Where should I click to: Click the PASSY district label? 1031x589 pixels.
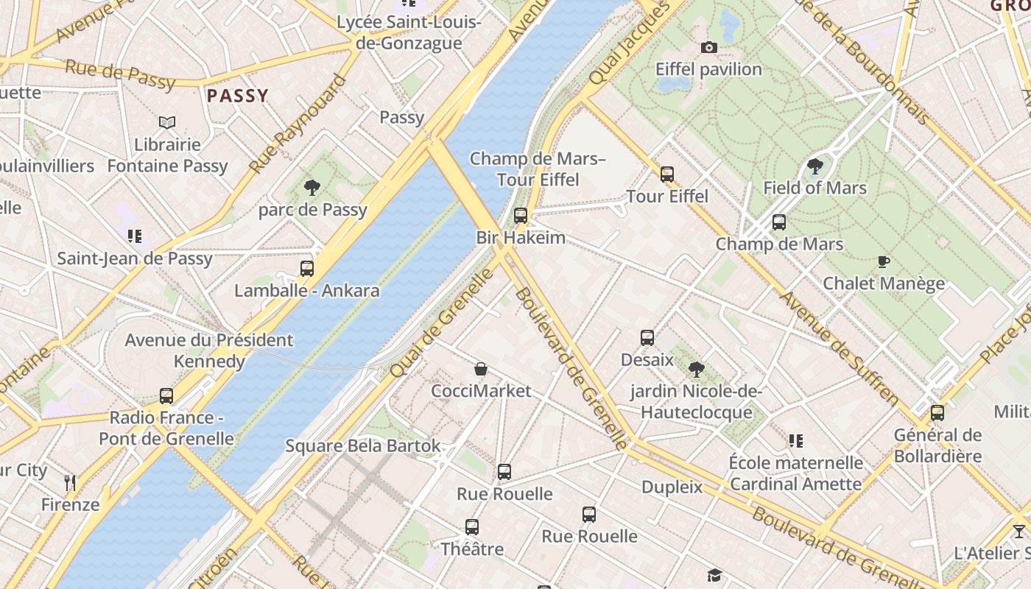pos(237,96)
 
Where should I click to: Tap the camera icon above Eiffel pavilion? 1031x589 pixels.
pos(709,48)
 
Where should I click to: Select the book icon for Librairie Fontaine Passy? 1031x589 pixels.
pos(167,122)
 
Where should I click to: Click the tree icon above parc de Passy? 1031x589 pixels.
pos(312,188)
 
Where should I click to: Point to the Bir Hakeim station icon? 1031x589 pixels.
pos(521,216)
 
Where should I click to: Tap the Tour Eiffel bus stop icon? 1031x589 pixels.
pos(667,174)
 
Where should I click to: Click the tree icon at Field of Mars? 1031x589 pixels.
pos(814,166)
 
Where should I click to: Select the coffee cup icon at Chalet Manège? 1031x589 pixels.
pos(884,261)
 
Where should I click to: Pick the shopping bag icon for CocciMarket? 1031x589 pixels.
pos(481,369)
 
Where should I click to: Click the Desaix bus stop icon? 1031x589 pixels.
pos(647,338)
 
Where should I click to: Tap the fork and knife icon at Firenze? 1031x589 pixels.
pos(70,483)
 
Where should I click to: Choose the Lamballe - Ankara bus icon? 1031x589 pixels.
pos(307,269)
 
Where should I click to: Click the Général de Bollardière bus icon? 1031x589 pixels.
pos(937,413)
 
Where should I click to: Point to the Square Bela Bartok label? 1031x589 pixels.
pos(362,445)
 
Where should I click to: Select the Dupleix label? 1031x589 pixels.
pos(672,487)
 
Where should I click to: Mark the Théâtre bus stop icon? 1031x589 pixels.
pos(472,527)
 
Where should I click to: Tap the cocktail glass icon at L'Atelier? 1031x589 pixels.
pos(1019,531)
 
